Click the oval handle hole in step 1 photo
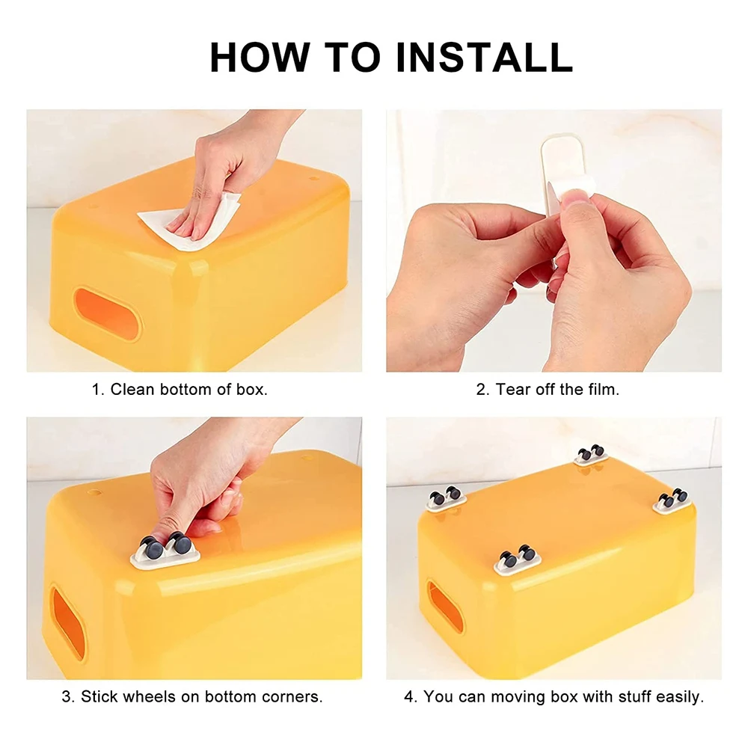(108, 313)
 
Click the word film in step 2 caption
(602, 390)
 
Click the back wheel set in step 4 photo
(591, 454)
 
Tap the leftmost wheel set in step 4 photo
(446, 497)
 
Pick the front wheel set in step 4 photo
(517, 558)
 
